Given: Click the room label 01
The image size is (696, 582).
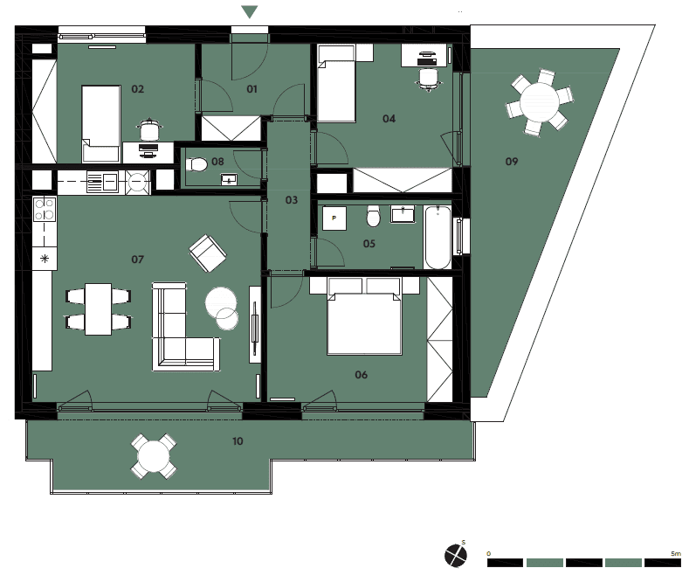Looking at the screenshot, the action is [x=252, y=89].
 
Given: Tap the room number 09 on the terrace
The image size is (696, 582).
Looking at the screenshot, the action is [x=512, y=162].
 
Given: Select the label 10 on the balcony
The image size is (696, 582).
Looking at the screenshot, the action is [x=238, y=441].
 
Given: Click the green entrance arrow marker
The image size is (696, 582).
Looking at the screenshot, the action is [x=250, y=12].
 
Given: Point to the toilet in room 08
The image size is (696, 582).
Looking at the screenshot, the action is [x=196, y=165].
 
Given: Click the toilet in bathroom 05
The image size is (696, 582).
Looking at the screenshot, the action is [x=373, y=216].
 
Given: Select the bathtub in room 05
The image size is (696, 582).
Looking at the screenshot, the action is [x=438, y=237].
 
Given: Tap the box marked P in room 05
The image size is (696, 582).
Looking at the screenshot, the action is [x=334, y=218].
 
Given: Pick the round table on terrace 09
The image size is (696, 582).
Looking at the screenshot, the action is [x=540, y=102].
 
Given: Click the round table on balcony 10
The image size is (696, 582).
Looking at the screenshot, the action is [x=154, y=456].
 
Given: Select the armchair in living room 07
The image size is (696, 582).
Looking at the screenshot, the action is [x=208, y=253].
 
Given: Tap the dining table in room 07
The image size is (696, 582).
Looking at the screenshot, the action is [x=98, y=309].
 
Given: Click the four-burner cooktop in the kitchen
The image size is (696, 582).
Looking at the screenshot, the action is [x=45, y=209].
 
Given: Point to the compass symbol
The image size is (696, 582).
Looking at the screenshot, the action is [x=456, y=555].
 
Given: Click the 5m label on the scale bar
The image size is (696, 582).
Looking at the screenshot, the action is [x=676, y=553].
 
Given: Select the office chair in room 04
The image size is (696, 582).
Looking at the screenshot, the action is [x=429, y=79].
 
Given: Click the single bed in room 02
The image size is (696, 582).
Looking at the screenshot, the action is [x=101, y=123].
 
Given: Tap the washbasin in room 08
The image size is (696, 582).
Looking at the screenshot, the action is [x=229, y=180].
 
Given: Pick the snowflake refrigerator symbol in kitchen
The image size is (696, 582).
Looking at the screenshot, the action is [x=45, y=259].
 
